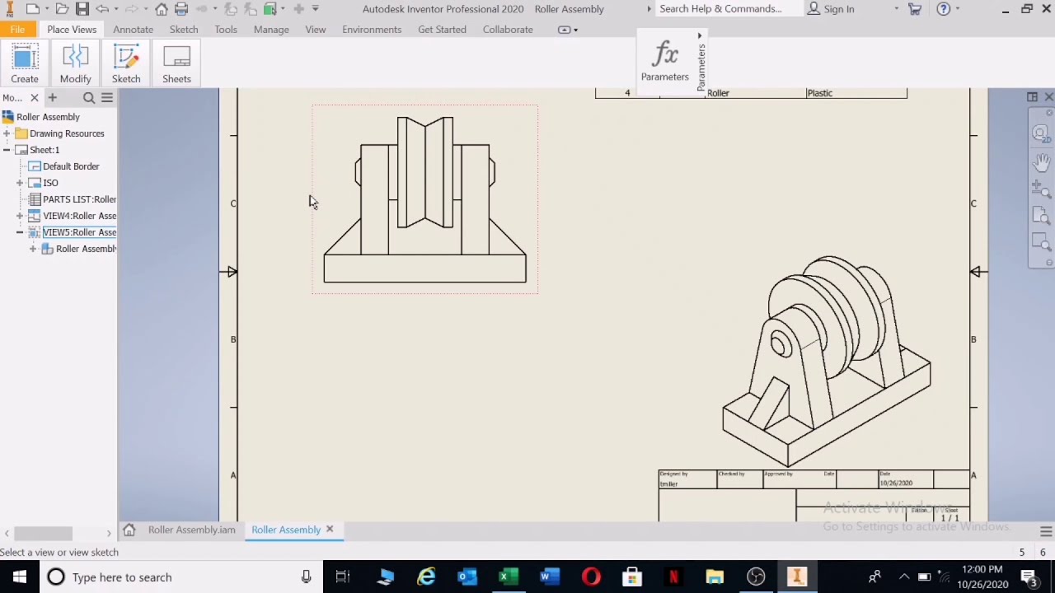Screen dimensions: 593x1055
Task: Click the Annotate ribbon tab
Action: (133, 30)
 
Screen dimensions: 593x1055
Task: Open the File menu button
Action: (17, 30)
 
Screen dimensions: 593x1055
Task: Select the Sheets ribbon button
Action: (176, 64)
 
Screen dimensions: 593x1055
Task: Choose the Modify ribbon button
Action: (75, 64)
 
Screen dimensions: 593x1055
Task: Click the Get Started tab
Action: (442, 30)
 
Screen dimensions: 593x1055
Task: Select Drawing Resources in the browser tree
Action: (67, 133)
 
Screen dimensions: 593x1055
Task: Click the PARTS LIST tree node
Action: (79, 199)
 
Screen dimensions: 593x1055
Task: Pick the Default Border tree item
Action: (71, 166)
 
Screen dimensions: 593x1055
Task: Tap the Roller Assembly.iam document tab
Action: (191, 530)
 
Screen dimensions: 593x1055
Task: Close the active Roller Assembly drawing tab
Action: (330, 529)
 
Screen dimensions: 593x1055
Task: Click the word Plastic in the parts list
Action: (819, 93)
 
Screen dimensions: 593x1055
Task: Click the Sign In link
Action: (838, 9)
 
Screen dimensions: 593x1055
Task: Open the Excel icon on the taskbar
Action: (508, 577)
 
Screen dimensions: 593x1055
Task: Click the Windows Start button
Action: (20, 577)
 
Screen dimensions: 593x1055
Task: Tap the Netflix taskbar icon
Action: (673, 577)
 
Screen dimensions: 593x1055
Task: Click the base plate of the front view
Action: (424, 268)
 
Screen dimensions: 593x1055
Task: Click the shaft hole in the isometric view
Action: (779, 344)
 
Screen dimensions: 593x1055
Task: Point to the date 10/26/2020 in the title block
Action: (896, 483)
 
